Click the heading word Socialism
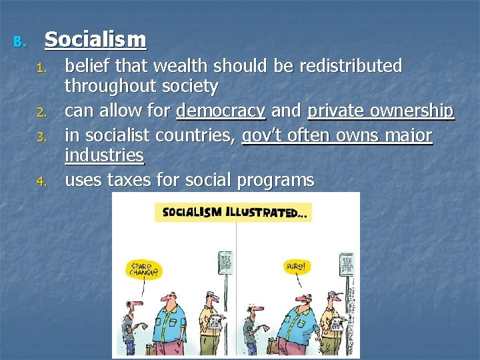(x=95, y=41)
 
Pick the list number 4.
(x=41, y=181)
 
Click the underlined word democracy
(x=220, y=111)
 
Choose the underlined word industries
(x=104, y=156)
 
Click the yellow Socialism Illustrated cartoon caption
(x=233, y=213)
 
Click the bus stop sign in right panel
(x=347, y=264)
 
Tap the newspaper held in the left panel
(x=214, y=320)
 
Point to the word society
(x=185, y=87)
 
